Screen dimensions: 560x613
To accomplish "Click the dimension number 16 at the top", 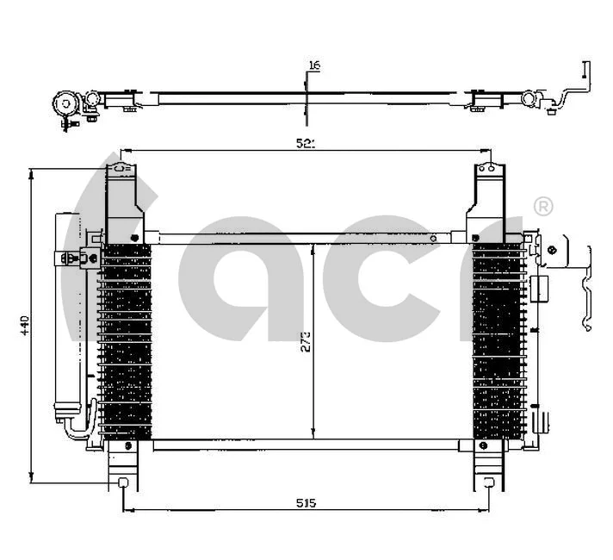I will click(313, 66).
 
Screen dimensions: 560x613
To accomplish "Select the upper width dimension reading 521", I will click(306, 144).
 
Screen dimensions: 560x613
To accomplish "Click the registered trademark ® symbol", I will click(543, 206).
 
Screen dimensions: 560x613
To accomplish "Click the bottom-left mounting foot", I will click(124, 470).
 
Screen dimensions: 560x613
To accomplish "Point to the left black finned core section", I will click(126, 340).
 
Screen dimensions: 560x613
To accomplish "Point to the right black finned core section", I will click(497, 340).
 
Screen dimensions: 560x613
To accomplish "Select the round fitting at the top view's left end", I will click(64, 103).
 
